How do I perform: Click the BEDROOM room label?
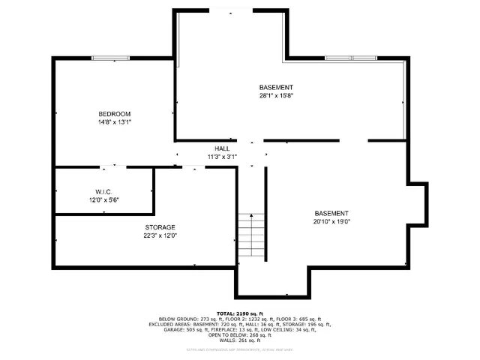114,113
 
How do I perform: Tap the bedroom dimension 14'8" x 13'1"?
114,121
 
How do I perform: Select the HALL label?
222,148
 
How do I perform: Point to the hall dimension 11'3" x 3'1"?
222,157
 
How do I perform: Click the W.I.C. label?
103,192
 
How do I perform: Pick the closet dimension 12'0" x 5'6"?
103,200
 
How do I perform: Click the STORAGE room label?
160,227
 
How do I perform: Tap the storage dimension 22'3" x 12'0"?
160,235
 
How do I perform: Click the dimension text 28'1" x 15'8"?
276,96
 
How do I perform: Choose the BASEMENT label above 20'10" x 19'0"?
331,213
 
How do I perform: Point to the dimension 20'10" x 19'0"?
331,221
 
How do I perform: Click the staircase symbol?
252,235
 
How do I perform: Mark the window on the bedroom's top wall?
103,58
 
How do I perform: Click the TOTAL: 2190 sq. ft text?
240,312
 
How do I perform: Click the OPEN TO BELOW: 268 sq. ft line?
240,335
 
